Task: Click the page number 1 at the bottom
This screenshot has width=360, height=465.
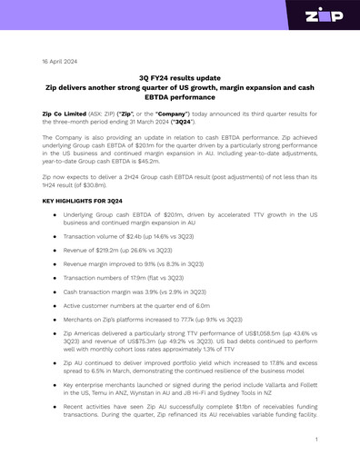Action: tap(315, 439)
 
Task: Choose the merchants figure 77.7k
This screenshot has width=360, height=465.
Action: tap(185, 319)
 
